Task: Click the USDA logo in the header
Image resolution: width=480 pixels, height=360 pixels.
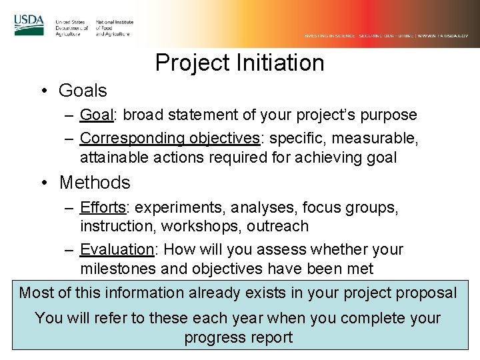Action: [29, 25]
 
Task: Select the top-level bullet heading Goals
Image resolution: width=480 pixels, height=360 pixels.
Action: [83, 89]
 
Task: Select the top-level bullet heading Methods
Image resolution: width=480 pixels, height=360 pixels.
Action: [95, 181]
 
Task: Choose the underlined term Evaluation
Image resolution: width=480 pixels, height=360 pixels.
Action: [116, 249]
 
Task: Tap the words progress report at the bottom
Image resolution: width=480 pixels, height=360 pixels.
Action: [238, 337]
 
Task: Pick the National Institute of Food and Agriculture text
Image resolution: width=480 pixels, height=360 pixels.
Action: [115, 28]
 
